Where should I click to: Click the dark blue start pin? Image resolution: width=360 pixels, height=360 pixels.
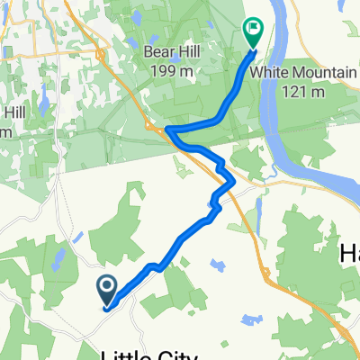tap(106, 292)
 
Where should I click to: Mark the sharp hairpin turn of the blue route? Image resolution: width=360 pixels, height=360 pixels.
tap(169, 131)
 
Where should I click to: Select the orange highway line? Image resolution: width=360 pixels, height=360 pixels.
tap(243, 216)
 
